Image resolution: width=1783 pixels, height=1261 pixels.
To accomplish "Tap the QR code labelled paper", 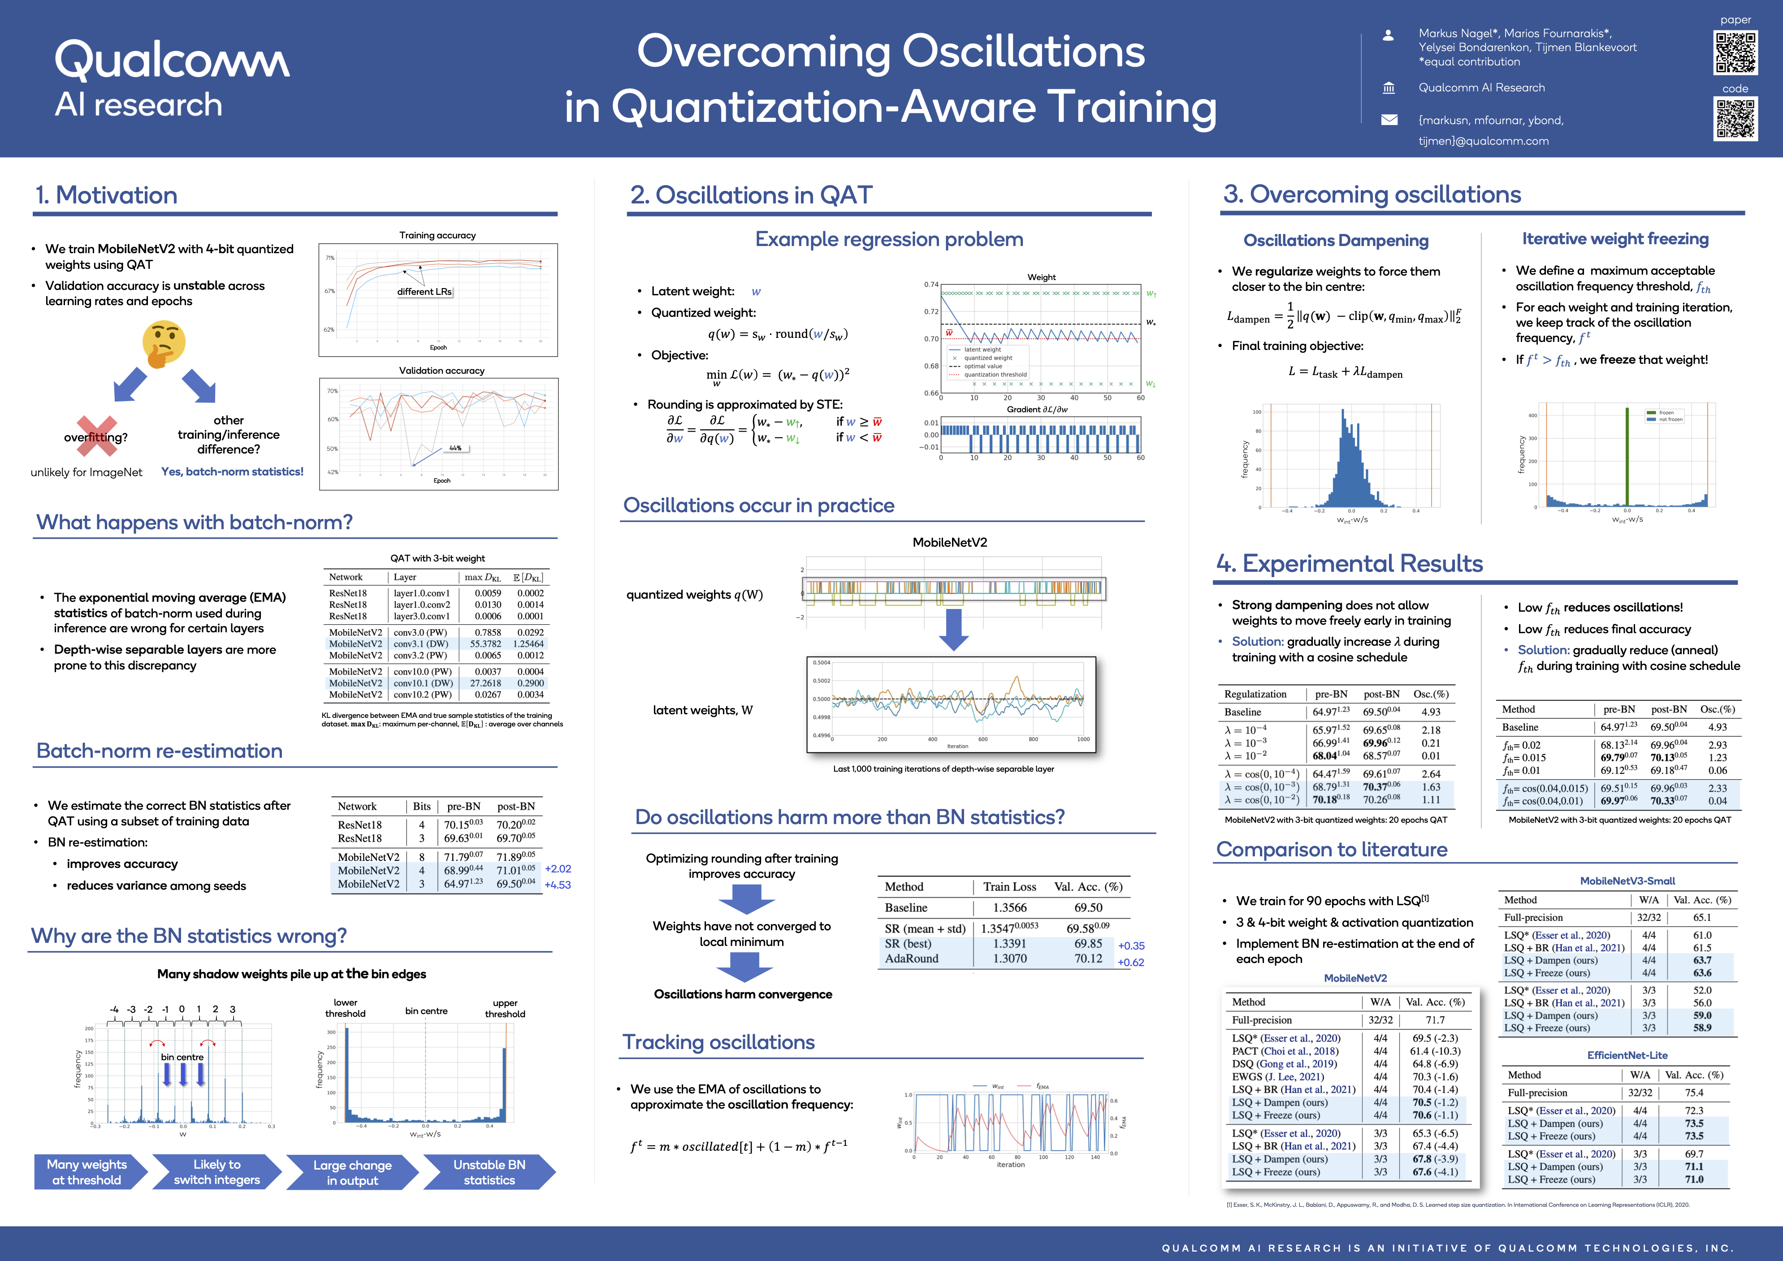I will pos(1735,53).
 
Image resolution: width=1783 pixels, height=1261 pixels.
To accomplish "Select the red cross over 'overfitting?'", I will pos(96,436).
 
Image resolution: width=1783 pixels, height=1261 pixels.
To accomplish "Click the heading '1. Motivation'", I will pos(106,195).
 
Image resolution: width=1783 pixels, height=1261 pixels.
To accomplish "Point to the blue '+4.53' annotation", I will pos(558,885).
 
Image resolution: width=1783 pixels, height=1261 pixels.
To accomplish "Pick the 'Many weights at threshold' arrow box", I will pos(87,1172).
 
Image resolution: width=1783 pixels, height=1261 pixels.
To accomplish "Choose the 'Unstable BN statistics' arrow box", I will pos(489,1172).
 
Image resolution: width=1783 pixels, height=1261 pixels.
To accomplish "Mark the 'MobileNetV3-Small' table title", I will pos(1627,881).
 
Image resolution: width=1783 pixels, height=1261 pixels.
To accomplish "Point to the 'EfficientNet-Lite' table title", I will pos(1627,1055).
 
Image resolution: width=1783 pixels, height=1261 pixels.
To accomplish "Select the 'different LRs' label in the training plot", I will pos(424,292).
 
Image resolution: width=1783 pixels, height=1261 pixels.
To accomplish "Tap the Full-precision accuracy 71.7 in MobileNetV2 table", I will pos(1435,1019).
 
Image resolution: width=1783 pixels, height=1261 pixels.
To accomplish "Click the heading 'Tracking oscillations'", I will pos(719,1042).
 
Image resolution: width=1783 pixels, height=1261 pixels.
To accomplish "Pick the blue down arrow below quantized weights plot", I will pos(954,629).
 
